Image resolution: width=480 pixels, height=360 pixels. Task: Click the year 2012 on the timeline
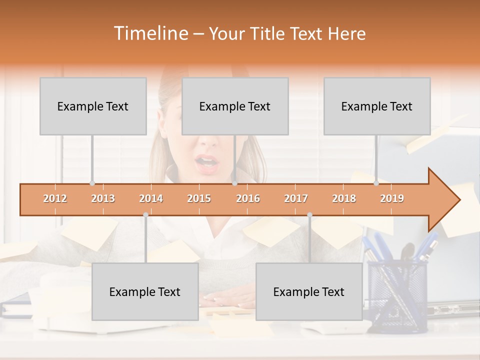(55, 198)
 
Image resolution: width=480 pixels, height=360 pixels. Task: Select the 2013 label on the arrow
(103, 198)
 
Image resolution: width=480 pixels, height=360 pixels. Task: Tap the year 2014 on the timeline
(151, 198)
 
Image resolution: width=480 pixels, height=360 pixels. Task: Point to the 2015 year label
(199, 198)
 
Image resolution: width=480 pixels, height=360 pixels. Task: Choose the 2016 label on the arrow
(248, 198)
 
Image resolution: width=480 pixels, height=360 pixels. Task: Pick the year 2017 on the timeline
(296, 198)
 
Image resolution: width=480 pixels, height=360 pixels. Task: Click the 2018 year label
(344, 198)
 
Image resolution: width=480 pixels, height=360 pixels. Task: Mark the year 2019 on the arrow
(392, 198)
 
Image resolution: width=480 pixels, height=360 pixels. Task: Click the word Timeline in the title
(150, 33)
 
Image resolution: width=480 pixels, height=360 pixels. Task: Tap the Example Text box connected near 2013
(93, 106)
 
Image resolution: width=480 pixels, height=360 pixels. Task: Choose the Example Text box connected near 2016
(235, 106)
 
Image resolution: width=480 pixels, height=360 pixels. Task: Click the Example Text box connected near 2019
(377, 106)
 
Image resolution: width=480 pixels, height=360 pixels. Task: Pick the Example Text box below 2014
(145, 291)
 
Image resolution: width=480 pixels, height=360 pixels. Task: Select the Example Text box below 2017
(309, 291)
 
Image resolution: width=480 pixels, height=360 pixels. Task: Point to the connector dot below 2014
(145, 214)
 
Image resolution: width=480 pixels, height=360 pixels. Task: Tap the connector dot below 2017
(309, 214)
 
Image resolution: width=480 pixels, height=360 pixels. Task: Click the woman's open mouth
(206, 162)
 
